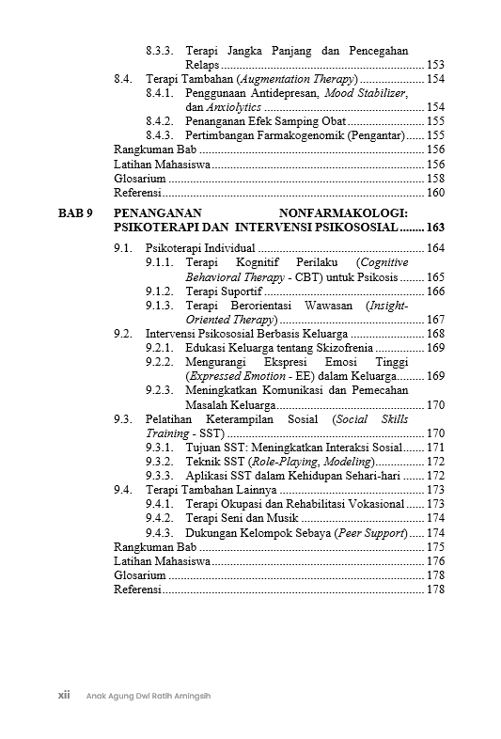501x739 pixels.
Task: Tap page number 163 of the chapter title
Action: [x=435, y=228]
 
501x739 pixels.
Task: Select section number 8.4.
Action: [x=122, y=79]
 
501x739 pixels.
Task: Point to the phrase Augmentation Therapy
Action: [x=296, y=79]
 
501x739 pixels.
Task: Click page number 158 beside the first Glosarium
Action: [x=435, y=178]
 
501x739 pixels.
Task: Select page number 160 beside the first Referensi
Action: [x=435, y=192]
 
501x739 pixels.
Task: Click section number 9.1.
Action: [x=122, y=248]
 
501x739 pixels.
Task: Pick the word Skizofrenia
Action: [x=332, y=348]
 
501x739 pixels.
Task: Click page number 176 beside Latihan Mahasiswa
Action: [x=435, y=561]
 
